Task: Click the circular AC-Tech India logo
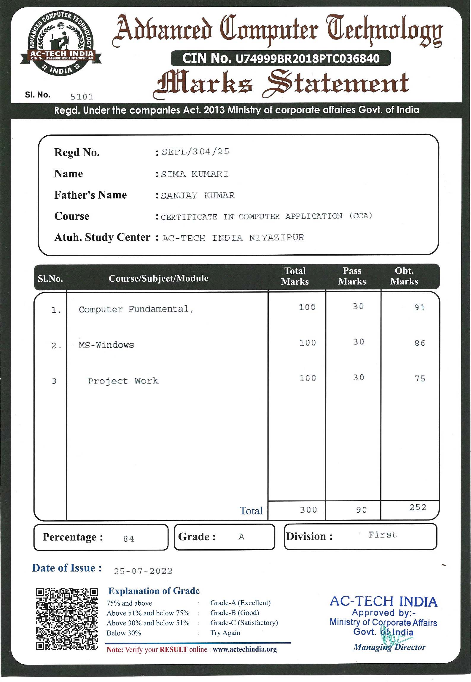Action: coord(61,44)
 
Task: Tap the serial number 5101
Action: coord(82,97)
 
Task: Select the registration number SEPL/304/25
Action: coord(195,152)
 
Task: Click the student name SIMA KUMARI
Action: coord(195,174)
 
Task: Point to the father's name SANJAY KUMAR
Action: coord(198,195)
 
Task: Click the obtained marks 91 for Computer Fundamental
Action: coord(420,307)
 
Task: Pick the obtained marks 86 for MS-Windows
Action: coord(420,343)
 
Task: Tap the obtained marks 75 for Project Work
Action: coord(420,378)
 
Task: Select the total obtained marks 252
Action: coord(418,507)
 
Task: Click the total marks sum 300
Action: coord(308,510)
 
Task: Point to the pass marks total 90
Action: coord(361,510)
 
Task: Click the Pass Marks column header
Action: coord(352,276)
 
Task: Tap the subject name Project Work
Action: coord(123,381)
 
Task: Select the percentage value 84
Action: coord(128,538)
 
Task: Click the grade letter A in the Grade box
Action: coord(241,537)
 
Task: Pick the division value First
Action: coord(382,535)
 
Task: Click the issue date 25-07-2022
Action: coord(143,571)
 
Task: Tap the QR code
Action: coord(67,619)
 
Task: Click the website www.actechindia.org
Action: coord(245,649)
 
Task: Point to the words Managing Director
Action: coord(389,647)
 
